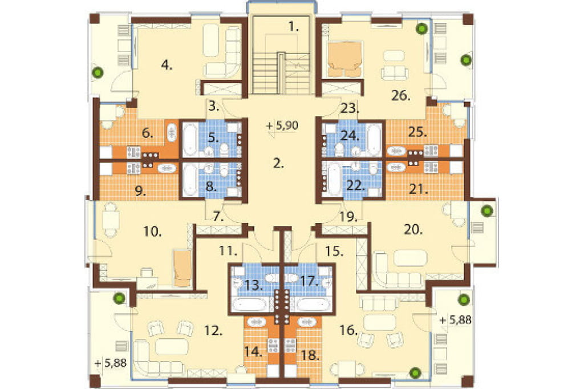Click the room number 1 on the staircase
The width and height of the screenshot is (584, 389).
click(294, 26)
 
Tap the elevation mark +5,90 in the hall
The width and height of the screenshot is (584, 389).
click(283, 125)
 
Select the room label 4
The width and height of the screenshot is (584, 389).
click(167, 66)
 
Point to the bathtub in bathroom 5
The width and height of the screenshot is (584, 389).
click(190, 139)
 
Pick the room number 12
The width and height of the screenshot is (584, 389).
click(213, 330)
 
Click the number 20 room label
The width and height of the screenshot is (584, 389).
click(413, 229)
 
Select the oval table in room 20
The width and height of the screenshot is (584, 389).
click(410, 258)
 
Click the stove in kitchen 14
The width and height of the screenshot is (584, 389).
click(273, 346)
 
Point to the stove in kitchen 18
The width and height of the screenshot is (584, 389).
click(290, 346)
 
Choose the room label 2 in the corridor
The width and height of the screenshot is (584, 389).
click(278, 163)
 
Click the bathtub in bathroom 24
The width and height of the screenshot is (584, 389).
click(374, 139)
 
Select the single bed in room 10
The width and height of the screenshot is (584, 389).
click(182, 268)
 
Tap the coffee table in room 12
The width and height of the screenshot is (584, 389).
click(171, 346)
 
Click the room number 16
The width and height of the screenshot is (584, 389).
click(348, 330)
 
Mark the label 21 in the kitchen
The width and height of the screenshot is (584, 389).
click(417, 189)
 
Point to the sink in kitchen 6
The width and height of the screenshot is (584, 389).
click(171, 132)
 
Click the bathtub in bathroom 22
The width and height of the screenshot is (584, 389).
click(334, 179)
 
